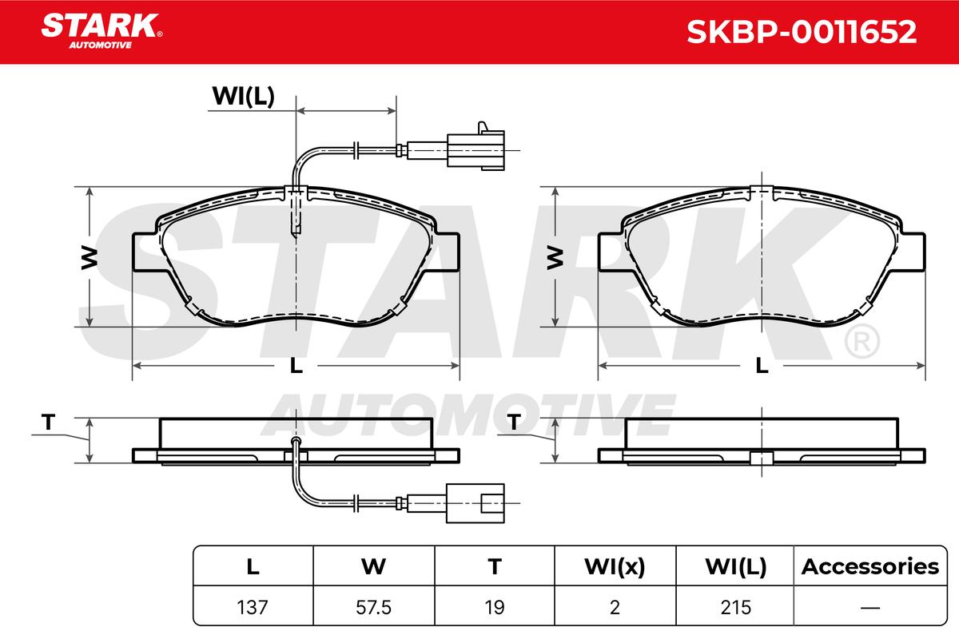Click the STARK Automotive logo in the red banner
[x=101, y=31]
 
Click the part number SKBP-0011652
[x=802, y=32]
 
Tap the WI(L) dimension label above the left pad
[x=243, y=97]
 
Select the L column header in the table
[x=253, y=566]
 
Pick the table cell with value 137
[x=253, y=607]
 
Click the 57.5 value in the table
[x=373, y=607]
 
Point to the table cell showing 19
[x=495, y=607]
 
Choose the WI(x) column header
[x=615, y=566]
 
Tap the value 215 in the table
[x=735, y=607]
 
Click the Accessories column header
[x=870, y=566]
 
